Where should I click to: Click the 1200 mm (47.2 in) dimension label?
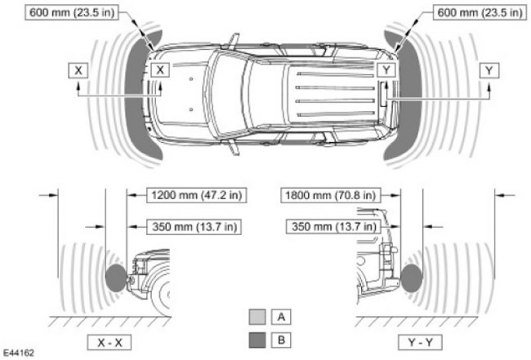pyautogui.click(x=196, y=195)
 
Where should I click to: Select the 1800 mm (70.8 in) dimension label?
pyautogui.click(x=331, y=195)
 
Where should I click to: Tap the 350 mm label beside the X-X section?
pyautogui.click(x=194, y=226)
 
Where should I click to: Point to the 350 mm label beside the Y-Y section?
pyautogui.click(x=334, y=226)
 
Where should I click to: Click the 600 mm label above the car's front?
pyautogui.click(x=72, y=13)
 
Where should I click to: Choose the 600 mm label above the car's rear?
pyautogui.click(x=480, y=13)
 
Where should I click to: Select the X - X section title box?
pyautogui.click(x=110, y=342)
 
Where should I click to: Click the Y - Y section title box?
pyautogui.click(x=420, y=342)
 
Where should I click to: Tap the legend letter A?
pyautogui.click(x=281, y=317)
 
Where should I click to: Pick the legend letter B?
pyautogui.click(x=281, y=339)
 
